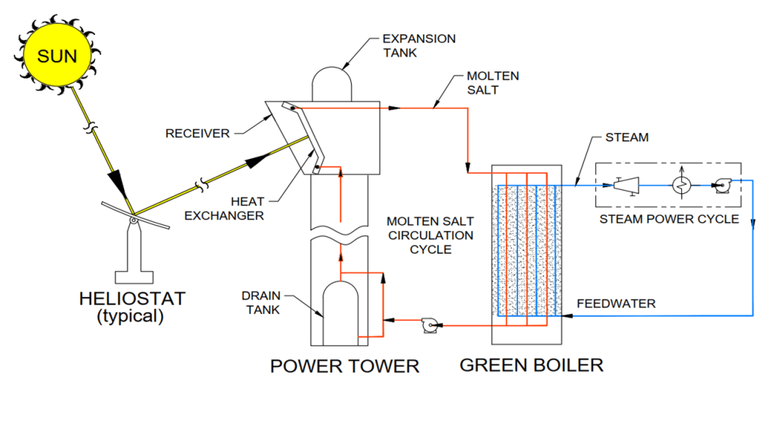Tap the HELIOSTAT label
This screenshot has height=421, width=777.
pos(131,298)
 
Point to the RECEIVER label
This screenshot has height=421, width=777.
pos(197,134)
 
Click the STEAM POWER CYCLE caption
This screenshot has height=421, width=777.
pos(668,219)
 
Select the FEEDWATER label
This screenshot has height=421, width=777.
pos(615,303)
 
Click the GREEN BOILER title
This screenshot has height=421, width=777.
pos(532,365)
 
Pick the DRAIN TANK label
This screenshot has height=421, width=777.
pos(262,301)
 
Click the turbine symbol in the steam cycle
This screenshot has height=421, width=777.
pos(627,184)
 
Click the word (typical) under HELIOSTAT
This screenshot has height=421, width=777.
pos(131,317)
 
